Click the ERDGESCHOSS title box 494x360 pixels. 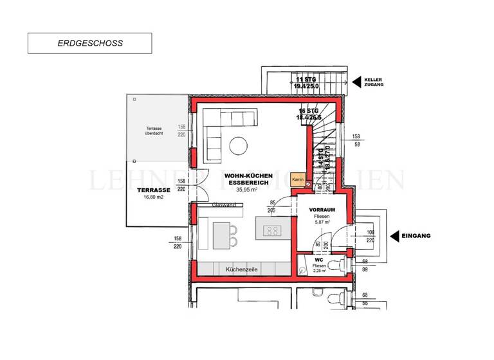[89, 43]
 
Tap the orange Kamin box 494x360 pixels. [298, 181]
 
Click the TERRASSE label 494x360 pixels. [153, 190]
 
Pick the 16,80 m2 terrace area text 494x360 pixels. [153, 199]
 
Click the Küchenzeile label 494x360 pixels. [242, 270]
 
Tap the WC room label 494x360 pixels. [318, 260]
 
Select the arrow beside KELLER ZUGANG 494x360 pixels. [356, 82]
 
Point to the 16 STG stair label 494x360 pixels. [309, 111]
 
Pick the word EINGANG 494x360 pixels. [416, 236]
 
